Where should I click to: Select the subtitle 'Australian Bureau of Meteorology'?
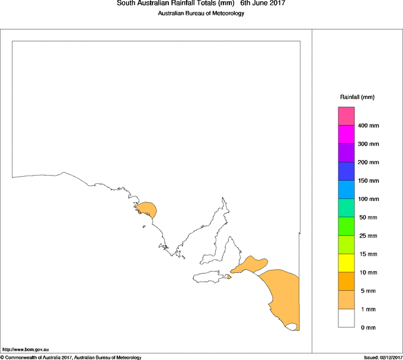[x=201, y=14]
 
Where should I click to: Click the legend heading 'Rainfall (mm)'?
[x=357, y=97]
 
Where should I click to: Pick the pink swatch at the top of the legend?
[x=346, y=116]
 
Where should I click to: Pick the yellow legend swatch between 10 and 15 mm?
[x=346, y=263]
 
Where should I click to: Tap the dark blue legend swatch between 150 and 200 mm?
[x=346, y=171]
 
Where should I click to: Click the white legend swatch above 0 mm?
[x=346, y=318]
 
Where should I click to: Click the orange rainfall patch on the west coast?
[x=147, y=209]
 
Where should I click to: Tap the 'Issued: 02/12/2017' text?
[x=382, y=357]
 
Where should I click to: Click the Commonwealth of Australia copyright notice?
[x=71, y=357]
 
